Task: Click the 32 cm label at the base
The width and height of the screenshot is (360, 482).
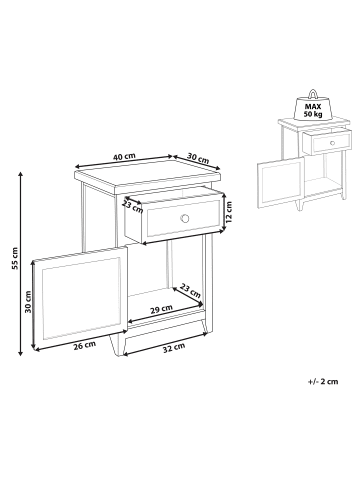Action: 174,347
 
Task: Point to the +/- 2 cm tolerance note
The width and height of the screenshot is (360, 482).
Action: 323,382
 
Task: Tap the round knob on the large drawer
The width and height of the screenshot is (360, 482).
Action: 184,218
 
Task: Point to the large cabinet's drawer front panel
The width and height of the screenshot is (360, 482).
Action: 181,220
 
